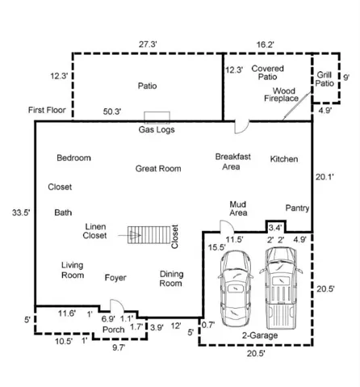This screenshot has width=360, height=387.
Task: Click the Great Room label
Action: point(158,169)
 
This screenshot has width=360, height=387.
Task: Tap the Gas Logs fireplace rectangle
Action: point(157,117)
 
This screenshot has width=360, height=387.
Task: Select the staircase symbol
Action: point(149,235)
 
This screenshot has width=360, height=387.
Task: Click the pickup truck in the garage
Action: point(281,288)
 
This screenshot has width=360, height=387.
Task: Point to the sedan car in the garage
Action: point(236,288)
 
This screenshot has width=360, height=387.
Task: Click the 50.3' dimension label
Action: point(112,111)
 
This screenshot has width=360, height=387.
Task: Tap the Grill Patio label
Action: point(324,79)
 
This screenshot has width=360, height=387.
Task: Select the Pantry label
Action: point(297,208)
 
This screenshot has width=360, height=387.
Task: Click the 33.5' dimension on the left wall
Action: point(21,212)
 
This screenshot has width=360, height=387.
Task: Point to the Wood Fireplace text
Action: point(282,95)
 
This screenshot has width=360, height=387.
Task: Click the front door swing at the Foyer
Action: point(117,305)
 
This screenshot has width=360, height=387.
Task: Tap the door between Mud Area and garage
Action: point(227,227)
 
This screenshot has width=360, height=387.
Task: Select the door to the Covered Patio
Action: point(241,127)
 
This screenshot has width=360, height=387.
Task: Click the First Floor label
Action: point(47,110)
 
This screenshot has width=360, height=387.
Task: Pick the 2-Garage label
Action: point(260,335)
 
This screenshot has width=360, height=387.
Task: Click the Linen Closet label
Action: point(94,231)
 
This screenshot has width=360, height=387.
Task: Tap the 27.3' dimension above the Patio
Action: point(148,44)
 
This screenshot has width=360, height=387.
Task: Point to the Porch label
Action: point(114,330)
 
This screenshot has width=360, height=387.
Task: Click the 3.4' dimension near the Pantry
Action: point(275,228)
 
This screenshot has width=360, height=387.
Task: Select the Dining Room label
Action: point(171,279)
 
